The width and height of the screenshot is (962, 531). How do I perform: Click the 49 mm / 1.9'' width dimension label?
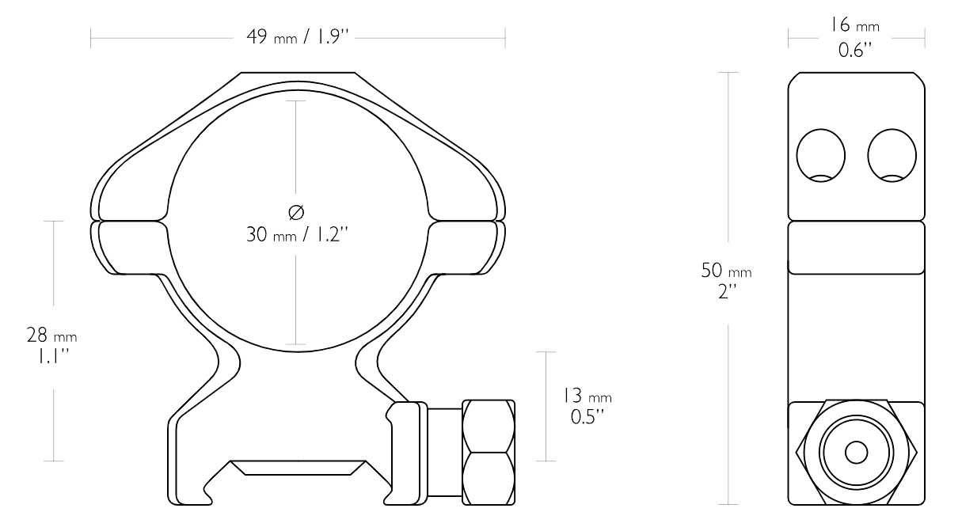(298, 38)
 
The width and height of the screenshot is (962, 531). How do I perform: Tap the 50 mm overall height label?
(725, 271)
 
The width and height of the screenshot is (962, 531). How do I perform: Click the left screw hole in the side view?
(821, 154)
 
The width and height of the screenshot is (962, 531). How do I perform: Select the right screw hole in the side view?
(892, 154)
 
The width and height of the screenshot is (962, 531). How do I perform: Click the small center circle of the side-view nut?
(856, 452)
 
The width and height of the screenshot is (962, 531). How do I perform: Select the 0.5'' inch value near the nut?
(586, 415)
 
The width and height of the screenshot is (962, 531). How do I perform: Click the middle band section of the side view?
(856, 248)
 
